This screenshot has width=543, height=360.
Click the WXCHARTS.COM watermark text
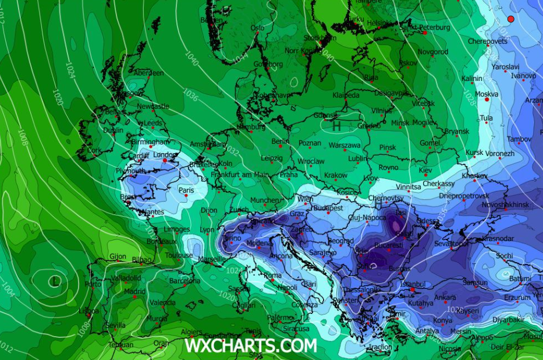pos(250,345)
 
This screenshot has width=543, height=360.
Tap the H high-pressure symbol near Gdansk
pos(336,124)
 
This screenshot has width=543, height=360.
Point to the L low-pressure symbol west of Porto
pos(55,281)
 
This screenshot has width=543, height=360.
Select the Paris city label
pos(186,190)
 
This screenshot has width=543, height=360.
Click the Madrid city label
pos(134,291)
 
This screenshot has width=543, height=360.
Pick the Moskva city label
pos(487,94)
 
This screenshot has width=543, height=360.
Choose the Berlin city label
pos(280,142)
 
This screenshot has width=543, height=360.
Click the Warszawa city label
pos(345,145)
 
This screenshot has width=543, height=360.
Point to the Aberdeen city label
pos(149,73)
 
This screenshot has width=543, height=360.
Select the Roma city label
pos(272,276)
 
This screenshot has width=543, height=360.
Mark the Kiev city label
pos(425,170)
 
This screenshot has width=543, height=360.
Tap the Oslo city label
pos(257,27)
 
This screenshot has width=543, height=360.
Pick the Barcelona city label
pos(184,280)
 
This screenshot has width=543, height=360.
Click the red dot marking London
pos(165,160)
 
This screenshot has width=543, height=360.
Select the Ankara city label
pos(445,298)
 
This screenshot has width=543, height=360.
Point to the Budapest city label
pos(329,207)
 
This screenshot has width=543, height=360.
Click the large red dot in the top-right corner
pos(511,19)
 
